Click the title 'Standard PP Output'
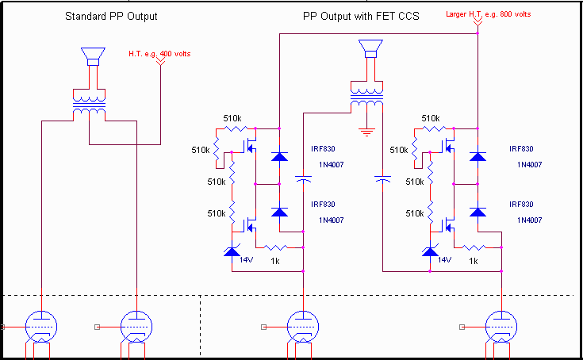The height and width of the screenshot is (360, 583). (x=111, y=16)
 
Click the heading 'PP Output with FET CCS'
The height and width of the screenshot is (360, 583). (x=361, y=16)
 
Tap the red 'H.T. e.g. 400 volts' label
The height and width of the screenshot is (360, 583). (x=159, y=54)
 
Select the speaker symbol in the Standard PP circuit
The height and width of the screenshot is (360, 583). (x=92, y=56)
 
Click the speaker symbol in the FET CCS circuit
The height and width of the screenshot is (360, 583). (x=368, y=52)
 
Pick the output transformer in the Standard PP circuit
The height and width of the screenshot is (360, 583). (x=90, y=106)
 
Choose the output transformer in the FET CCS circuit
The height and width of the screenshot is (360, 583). (x=366, y=101)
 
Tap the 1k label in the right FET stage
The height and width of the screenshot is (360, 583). (x=474, y=261)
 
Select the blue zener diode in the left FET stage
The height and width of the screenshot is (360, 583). (x=232, y=252)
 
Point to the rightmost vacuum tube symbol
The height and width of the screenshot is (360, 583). (x=501, y=326)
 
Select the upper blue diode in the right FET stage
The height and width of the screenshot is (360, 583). (x=477, y=156)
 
